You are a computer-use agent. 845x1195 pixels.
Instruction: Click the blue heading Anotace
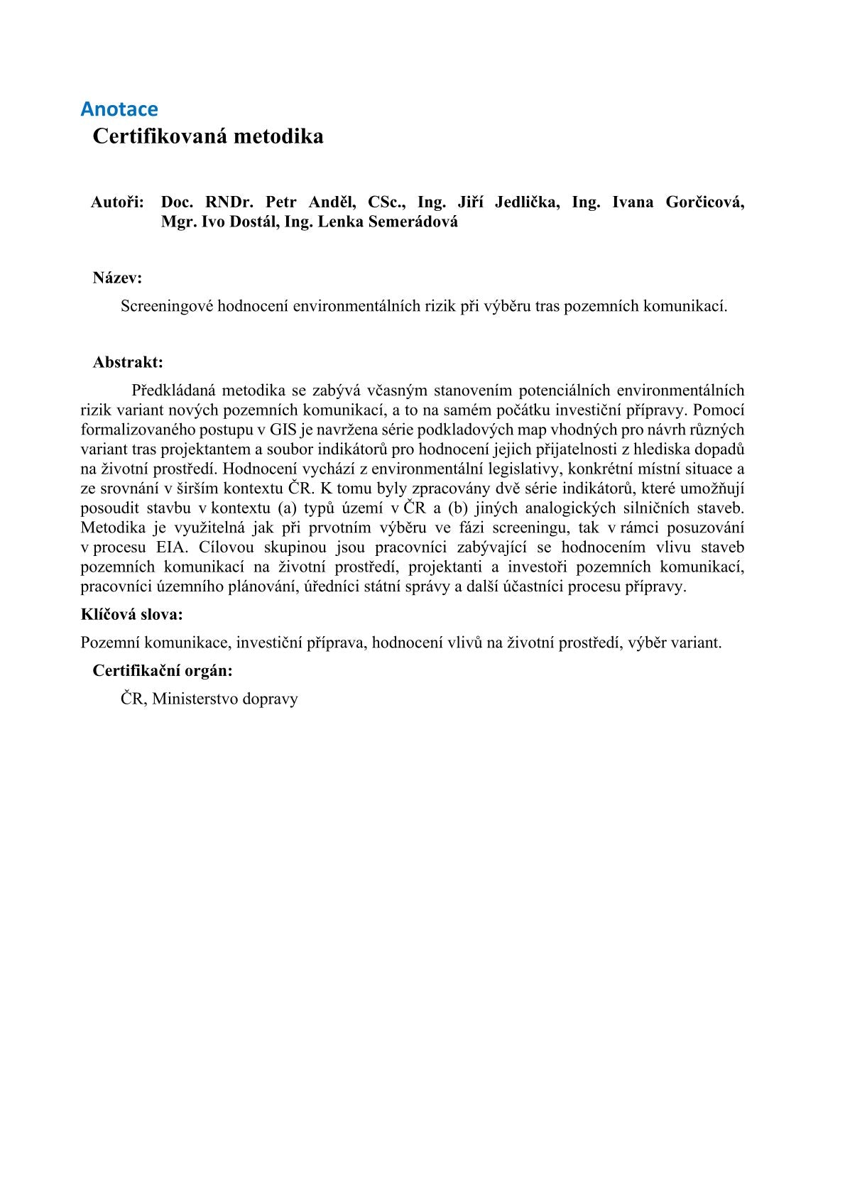coord(119,109)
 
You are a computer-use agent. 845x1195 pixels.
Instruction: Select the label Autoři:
coord(117,202)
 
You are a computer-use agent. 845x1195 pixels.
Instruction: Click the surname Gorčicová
coord(704,202)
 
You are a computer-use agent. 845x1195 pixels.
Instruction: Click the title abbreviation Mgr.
coord(178,222)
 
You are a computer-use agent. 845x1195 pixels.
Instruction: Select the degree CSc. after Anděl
coord(387,202)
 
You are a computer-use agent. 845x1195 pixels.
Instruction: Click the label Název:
coord(117,278)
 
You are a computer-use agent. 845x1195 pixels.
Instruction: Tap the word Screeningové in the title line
coord(167,307)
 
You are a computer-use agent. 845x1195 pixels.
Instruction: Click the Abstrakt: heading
coord(128,363)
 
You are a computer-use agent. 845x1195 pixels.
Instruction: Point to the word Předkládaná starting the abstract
coord(173,391)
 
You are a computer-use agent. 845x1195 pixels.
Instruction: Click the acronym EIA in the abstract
coord(170,547)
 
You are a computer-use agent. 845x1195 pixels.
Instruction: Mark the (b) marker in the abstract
coord(456,508)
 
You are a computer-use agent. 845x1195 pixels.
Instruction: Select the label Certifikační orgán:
coord(163,671)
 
